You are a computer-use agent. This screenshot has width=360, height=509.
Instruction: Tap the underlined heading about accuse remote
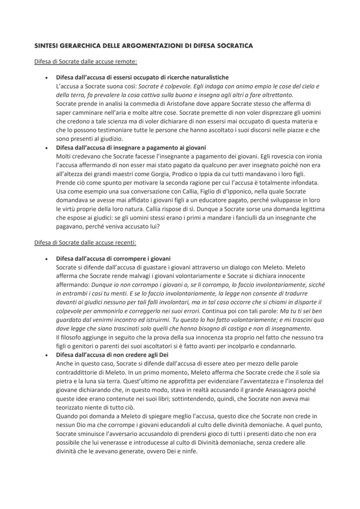click(x=86, y=62)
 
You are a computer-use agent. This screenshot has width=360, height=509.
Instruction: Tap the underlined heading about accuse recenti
click(x=85, y=242)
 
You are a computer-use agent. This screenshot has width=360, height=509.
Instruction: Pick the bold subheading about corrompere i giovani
click(x=113, y=258)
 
